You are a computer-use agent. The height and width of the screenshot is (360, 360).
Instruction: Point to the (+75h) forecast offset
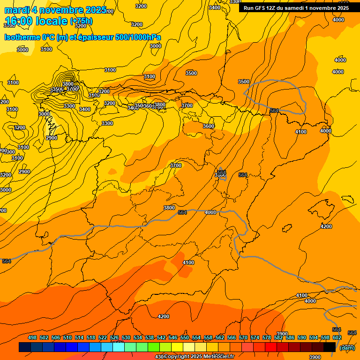[x=81, y=22]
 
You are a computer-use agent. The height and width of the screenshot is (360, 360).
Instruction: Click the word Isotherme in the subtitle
[x=22, y=37]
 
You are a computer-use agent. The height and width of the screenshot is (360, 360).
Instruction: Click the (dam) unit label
[x=347, y=347]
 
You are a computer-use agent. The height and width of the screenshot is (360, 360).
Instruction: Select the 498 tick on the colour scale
[x=32, y=338]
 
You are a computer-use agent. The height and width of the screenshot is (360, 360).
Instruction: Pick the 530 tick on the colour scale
[x=126, y=338]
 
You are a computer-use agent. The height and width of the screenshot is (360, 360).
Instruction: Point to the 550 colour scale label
[x=185, y=338]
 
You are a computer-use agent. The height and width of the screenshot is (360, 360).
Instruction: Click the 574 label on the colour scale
[x=255, y=338]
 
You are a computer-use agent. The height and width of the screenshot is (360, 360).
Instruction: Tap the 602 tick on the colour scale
[x=337, y=338]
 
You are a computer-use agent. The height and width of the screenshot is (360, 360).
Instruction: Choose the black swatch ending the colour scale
[x=330, y=347]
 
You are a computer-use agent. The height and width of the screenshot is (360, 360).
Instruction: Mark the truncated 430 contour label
[x=159, y=357]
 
